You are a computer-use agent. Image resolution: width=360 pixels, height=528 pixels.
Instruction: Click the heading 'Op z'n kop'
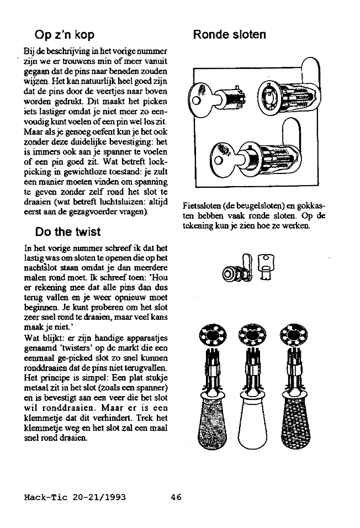coord(64,35)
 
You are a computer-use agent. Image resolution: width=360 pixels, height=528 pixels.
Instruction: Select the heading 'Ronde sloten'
coord(229,35)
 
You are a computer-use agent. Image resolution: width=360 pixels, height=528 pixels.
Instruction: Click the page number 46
coord(176,497)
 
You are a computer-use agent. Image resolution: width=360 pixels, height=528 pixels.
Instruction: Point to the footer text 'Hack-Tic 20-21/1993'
coord(76,497)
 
